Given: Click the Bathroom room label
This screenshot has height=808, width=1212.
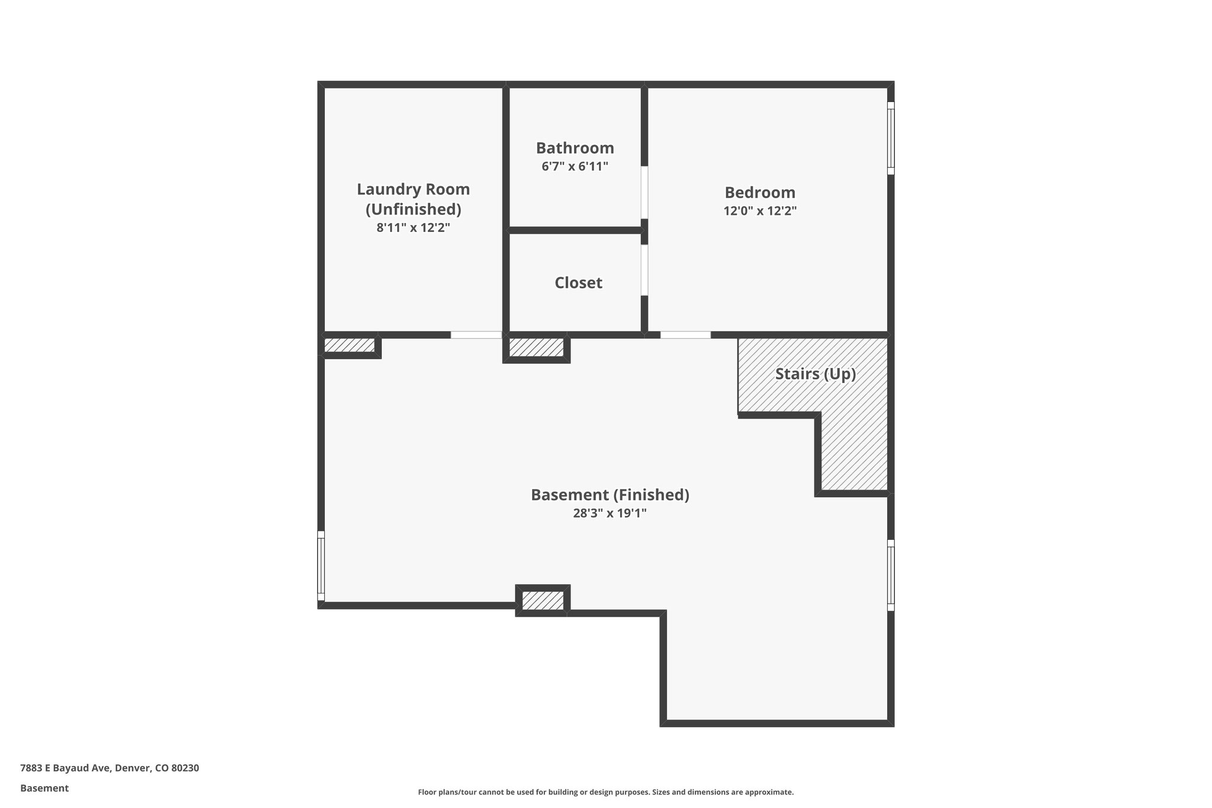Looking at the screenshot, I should tap(575, 148).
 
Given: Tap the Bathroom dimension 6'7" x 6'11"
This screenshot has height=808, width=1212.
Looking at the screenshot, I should tap(575, 167).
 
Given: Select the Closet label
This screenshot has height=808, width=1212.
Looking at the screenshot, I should tap(578, 283).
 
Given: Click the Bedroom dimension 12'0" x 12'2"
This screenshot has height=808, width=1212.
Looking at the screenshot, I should tap(760, 211).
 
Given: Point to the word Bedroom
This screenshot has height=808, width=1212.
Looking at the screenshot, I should tap(760, 192).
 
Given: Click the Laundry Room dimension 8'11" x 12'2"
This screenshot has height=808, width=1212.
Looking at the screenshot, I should tap(413, 228).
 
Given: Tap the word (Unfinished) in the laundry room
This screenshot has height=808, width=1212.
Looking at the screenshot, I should tap(413, 209).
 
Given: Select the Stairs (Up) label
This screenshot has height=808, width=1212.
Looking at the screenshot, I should tap(815, 374).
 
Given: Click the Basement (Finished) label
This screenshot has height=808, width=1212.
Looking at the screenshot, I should tap(610, 495).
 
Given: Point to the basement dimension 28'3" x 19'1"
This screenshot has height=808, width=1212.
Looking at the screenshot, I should tap(610, 513).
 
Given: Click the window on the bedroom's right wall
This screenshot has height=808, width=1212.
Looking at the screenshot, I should tap(891, 138).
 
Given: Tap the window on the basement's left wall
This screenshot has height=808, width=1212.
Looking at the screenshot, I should tap(321, 566).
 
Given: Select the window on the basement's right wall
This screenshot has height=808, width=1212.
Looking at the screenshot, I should tap(891, 575).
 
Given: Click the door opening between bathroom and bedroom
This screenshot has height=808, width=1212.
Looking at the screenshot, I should tap(644, 192).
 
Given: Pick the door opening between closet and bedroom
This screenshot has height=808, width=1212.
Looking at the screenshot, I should tap(644, 270).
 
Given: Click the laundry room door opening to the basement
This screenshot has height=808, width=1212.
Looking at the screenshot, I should tap(476, 335).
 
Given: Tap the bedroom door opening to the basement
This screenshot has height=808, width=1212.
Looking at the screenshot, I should tap(685, 335).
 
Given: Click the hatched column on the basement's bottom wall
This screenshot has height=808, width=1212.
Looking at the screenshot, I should tap(542, 601).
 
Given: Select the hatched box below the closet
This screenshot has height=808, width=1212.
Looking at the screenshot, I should tap(536, 347).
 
